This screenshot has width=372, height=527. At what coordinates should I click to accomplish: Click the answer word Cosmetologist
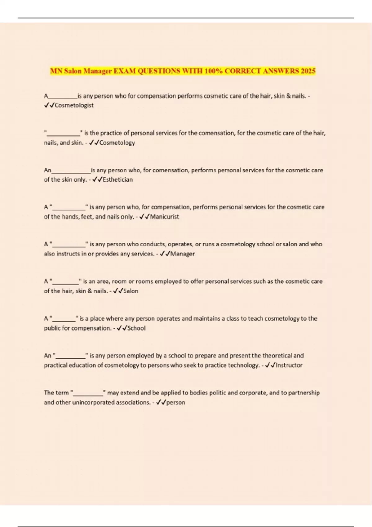click(x=74, y=105)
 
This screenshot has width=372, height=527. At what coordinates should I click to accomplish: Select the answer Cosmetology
click(x=117, y=143)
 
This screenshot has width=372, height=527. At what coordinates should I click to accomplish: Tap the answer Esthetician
click(x=117, y=179)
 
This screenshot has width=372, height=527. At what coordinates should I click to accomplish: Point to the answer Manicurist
click(x=164, y=217)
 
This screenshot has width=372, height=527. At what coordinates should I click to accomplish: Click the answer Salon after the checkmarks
click(x=131, y=291)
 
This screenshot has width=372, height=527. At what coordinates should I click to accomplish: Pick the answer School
click(x=136, y=328)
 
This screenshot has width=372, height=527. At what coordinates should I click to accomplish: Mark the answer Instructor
click(x=289, y=365)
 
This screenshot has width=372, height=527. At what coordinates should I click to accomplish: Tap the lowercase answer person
click(x=176, y=402)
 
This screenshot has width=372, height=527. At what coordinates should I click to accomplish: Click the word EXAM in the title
click(x=124, y=71)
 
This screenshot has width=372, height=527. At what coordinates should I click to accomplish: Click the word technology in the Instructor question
click(x=243, y=365)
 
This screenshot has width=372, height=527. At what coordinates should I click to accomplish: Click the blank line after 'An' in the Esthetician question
click(x=71, y=171)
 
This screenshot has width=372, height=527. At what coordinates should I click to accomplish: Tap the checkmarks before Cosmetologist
click(x=49, y=105)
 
